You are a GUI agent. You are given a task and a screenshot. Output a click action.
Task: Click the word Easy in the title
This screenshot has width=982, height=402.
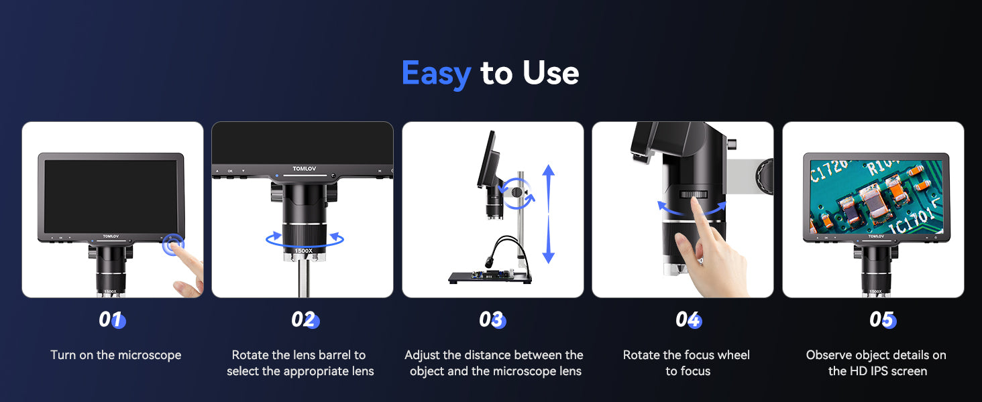pyautogui.click(x=436, y=74)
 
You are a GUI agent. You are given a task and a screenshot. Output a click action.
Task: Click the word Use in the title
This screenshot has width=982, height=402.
pyautogui.click(x=551, y=72)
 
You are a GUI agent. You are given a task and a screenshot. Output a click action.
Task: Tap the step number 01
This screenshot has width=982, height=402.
pyautogui.click(x=112, y=320)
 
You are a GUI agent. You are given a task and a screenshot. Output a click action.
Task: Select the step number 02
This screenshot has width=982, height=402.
pyautogui.click(x=305, y=320)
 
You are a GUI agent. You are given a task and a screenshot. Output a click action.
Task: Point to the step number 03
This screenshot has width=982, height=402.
pyautogui.click(x=492, y=320)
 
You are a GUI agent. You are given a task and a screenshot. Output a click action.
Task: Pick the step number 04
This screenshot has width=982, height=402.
pyautogui.click(x=688, y=320)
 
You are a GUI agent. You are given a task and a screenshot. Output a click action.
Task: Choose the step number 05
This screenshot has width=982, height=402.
pyautogui.click(x=883, y=320)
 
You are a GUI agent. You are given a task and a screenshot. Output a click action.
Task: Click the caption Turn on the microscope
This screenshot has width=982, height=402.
pyautogui.click(x=116, y=354)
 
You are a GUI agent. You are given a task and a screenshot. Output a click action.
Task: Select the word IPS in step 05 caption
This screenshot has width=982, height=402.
pyautogui.click(x=879, y=371)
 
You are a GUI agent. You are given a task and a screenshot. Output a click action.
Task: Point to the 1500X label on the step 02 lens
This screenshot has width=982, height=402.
pyautogui.click(x=303, y=251)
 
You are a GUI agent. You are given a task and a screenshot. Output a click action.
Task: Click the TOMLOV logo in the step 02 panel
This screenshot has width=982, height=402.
pyautogui.click(x=305, y=169)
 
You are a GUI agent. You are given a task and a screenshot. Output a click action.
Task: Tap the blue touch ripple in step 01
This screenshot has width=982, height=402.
pyautogui.click(x=173, y=245)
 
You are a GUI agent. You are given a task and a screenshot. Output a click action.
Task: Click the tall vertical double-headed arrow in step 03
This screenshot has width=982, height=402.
pyautogui.click(x=549, y=214)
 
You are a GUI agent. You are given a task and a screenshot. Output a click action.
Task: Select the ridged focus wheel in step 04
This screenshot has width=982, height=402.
pyautogui.click(x=694, y=194)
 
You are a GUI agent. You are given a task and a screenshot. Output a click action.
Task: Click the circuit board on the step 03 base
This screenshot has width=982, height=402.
pyautogui.click(x=492, y=275)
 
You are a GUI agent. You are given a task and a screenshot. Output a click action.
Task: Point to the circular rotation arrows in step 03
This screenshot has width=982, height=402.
pyautogui.click(x=518, y=194)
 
